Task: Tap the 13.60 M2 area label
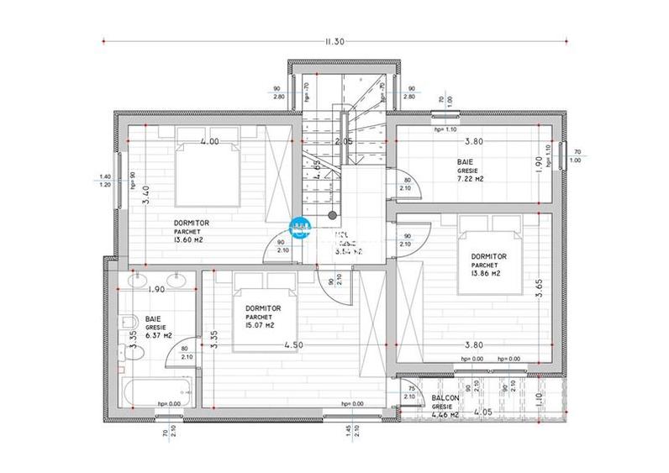tap(189, 239)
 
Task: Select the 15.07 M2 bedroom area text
tap(259, 325)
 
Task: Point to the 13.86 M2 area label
tap(486, 273)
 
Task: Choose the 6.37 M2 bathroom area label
tap(158, 335)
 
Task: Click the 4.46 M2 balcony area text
tap(445, 414)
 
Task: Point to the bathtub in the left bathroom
tap(155, 392)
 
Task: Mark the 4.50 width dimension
tap(293, 344)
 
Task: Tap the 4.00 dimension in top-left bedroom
tap(209, 142)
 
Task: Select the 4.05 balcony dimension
tap(482, 413)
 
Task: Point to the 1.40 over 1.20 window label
tap(105, 180)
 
